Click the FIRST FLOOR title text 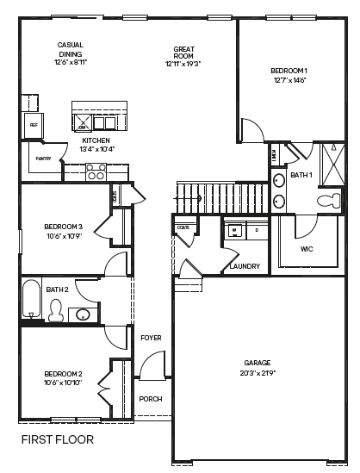pos(57,439)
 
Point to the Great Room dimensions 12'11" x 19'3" pos(183,63)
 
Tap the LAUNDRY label pos(245,266)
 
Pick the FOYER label pos(151,338)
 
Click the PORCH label pos(150,399)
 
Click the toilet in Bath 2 pos(58,312)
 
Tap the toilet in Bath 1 pos(329,201)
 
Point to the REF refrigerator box pos(34,125)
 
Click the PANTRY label pos(43,159)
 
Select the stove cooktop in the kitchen pos(96,172)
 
